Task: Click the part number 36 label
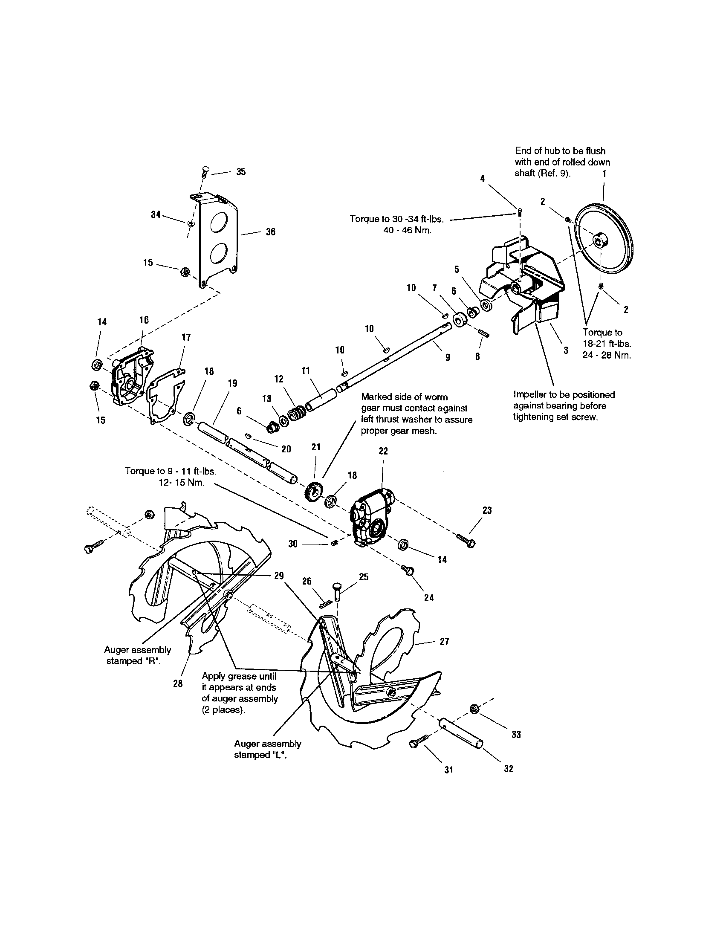(270, 232)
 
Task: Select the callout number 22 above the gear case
(383, 451)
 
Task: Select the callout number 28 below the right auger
(178, 684)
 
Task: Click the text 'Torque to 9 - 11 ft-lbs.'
(171, 471)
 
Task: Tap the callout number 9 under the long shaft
(447, 357)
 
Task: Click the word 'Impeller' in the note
(529, 395)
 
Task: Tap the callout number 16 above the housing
(144, 319)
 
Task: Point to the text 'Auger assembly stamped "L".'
(267, 750)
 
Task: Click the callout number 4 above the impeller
(483, 179)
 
